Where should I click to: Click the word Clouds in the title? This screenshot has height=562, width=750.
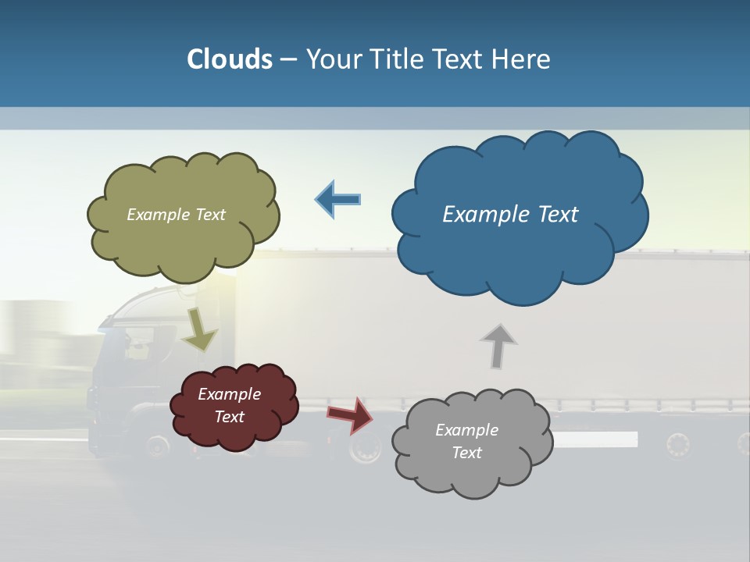(230, 59)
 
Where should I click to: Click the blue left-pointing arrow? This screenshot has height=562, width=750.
(338, 199)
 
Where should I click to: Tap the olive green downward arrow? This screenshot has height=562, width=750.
(199, 329)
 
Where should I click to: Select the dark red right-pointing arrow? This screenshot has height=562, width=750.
(350, 415)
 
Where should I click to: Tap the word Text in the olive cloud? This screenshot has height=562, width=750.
(210, 214)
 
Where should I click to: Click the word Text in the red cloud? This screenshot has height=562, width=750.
(230, 417)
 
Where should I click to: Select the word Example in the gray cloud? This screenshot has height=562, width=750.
(466, 429)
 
